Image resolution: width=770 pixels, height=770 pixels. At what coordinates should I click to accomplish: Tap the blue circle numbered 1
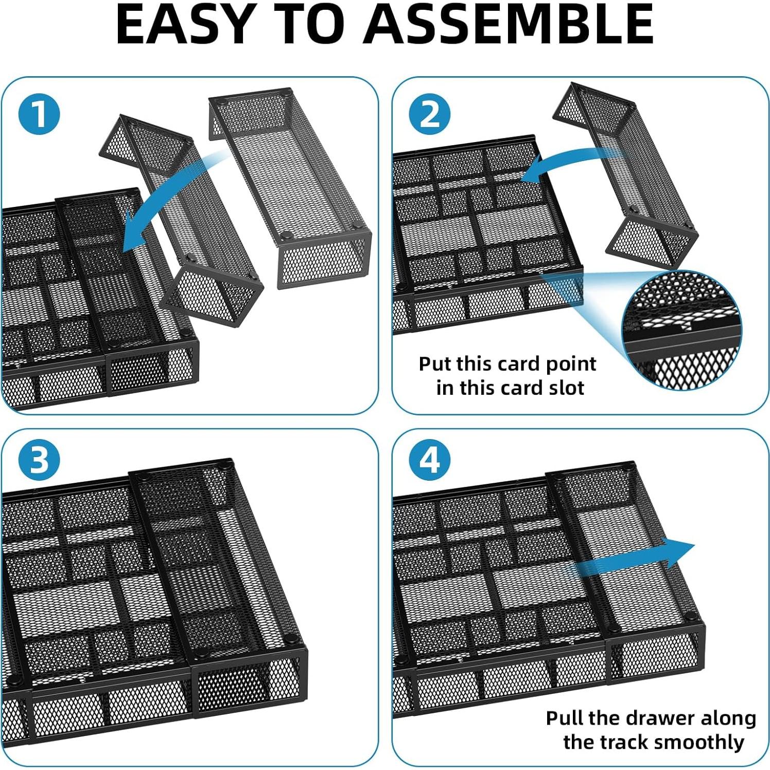point(39,114)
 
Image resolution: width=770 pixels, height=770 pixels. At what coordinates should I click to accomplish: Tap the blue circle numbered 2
point(430,114)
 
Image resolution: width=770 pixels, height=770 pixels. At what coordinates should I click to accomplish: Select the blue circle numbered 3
point(39,460)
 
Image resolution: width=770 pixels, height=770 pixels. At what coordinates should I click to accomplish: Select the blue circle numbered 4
point(430,460)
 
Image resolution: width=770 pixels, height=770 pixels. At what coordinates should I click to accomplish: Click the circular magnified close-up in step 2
point(682,329)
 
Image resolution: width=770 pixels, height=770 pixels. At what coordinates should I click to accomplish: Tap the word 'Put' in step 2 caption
point(434,364)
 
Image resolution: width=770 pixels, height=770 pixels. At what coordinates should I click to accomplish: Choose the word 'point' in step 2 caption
point(571,364)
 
